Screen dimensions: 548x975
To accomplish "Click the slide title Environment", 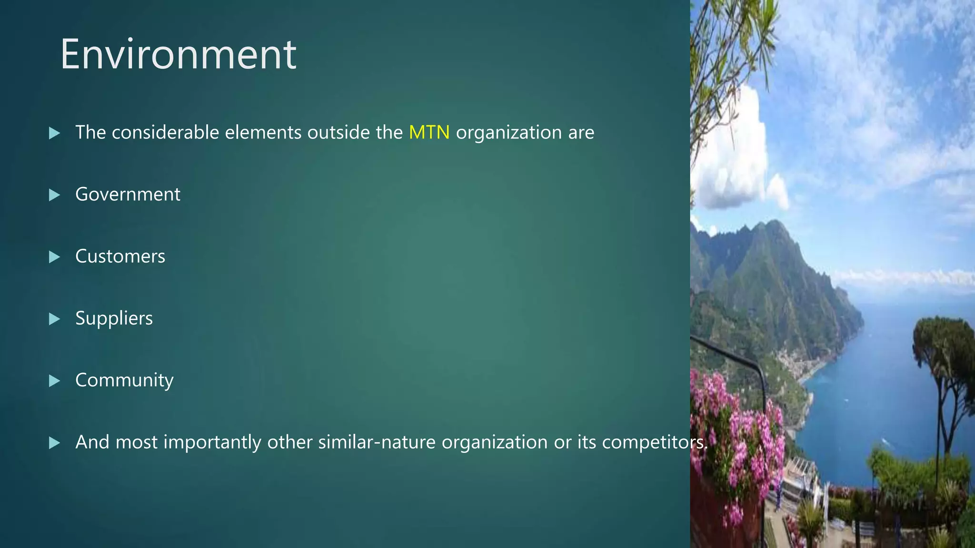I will (178, 55).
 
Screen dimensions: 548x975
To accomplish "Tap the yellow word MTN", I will (429, 132).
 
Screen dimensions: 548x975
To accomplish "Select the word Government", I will (128, 194).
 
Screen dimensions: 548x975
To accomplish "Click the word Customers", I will (120, 256).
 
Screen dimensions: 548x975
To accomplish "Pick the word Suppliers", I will (114, 318).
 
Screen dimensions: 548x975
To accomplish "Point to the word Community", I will (124, 380).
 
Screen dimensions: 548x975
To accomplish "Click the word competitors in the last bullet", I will (654, 442).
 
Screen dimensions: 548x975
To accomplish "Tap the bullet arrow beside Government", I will (55, 195).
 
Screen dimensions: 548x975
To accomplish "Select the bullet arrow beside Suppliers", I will (55, 319).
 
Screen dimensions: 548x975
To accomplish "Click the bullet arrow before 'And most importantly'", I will (55, 443).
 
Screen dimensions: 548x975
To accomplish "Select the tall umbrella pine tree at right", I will (943, 347).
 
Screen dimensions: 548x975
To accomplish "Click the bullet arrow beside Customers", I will (55, 257).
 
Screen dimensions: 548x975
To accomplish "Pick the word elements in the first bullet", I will (263, 132).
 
